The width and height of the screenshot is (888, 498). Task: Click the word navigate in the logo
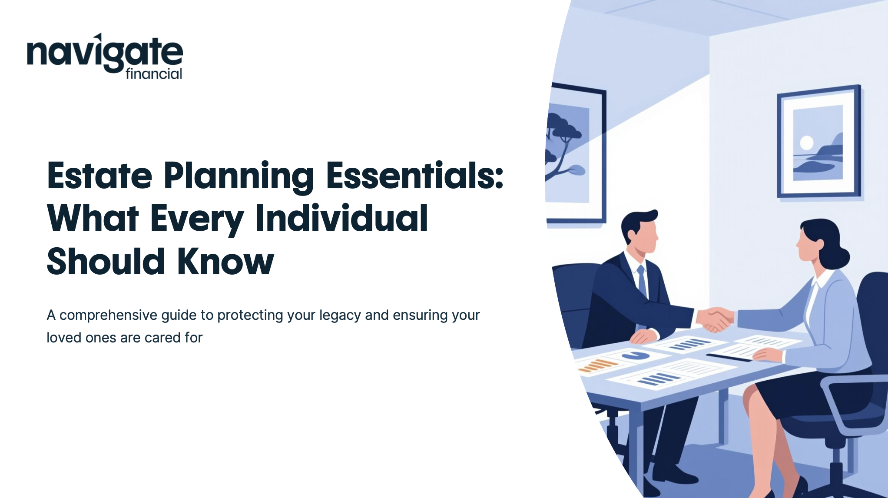point(105,53)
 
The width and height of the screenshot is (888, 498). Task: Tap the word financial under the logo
point(154,74)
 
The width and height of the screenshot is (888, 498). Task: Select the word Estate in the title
point(99,176)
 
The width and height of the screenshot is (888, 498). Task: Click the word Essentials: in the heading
point(415,176)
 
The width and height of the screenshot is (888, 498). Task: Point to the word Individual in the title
point(342,218)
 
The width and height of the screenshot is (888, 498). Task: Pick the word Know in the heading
point(225,262)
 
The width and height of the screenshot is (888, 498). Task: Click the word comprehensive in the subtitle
point(108,315)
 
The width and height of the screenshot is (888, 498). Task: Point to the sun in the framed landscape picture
point(807,143)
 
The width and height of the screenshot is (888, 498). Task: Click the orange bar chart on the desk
point(598,365)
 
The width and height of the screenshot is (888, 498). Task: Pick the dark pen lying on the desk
point(729,358)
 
